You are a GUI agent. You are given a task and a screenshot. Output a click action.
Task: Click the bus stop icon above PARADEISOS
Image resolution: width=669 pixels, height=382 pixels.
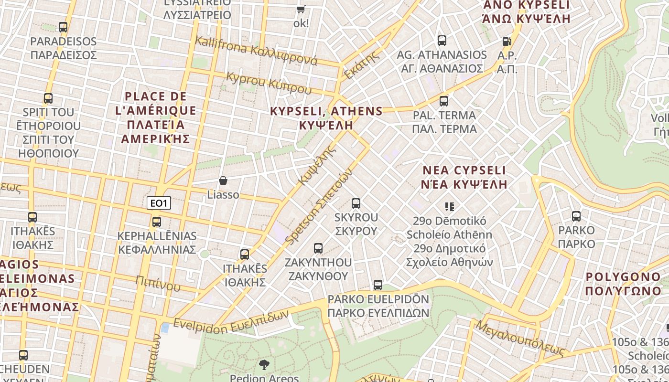63,27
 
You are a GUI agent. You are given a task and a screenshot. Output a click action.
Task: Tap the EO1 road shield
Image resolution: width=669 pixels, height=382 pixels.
159,203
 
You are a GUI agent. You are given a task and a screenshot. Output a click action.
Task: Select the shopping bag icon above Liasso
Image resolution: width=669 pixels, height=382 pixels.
223,180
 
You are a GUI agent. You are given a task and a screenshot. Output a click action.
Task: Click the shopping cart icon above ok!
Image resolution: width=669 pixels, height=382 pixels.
301,9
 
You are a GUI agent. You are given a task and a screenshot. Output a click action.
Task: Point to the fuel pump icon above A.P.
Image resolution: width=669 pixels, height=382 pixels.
507,42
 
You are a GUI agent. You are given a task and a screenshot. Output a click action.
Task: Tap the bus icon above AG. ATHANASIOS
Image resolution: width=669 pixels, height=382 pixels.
442,41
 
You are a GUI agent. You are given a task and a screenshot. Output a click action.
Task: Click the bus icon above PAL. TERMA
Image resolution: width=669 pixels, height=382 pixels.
444,101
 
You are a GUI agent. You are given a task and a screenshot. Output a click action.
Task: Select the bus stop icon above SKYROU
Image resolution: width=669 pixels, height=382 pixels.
356,203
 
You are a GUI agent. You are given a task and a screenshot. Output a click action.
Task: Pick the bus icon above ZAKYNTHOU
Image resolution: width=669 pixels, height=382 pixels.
318,248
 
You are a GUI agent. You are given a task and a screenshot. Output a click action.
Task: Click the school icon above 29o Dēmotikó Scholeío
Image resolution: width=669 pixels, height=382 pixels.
449,207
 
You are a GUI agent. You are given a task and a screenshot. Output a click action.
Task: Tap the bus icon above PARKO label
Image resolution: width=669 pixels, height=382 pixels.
576,216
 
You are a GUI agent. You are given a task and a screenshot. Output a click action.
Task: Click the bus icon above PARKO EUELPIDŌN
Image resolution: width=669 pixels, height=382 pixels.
378,285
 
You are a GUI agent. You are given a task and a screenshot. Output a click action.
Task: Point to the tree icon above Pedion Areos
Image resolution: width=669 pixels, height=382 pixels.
264,365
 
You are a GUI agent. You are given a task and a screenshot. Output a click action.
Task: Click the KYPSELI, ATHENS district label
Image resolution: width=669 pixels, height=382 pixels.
326,118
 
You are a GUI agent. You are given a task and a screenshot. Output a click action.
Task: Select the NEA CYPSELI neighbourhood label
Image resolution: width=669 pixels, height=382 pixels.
464,177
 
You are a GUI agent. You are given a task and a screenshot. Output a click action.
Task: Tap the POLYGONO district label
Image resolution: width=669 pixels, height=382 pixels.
623,284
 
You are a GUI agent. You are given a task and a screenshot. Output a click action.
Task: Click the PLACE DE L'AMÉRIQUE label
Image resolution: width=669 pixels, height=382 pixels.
156,117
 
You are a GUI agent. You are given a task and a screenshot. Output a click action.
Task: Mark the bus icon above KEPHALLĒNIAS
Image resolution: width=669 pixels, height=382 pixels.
157,222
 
